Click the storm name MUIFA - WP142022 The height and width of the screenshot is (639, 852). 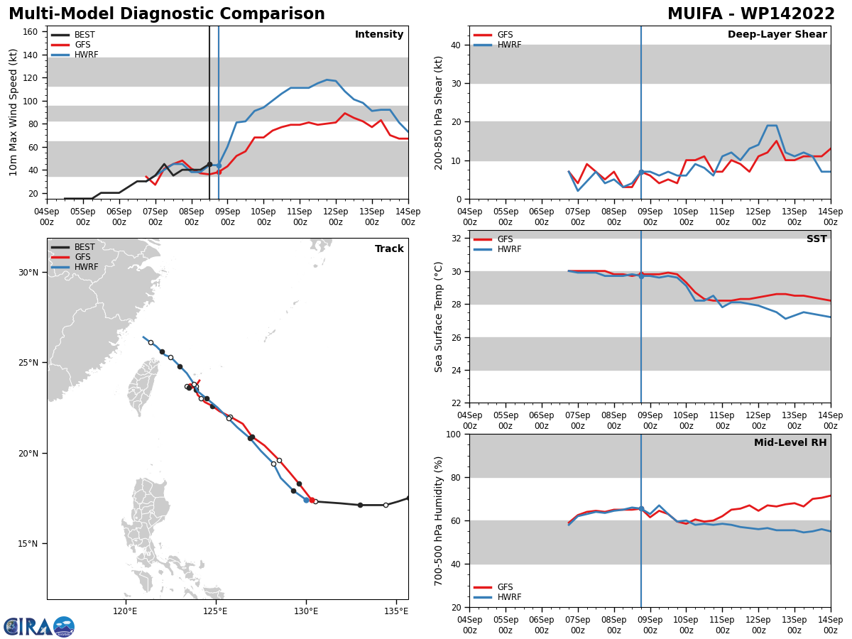point(750,14)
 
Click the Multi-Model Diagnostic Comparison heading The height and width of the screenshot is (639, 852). point(167,14)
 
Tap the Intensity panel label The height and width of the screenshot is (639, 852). point(379,35)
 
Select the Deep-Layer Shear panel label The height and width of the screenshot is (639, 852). point(777,35)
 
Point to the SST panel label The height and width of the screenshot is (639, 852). point(816,239)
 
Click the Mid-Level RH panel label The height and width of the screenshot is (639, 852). point(790,442)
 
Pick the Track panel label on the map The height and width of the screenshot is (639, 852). point(389,248)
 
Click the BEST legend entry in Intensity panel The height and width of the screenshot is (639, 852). point(73,35)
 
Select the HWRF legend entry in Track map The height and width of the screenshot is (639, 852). point(75,267)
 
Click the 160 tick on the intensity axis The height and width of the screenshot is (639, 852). point(30,32)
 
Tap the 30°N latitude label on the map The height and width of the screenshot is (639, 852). point(28,273)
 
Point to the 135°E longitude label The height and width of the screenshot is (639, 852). point(396,611)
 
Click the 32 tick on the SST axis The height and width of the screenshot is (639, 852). point(456,239)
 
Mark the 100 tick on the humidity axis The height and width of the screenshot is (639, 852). point(454,434)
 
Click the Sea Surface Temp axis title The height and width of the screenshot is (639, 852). point(438,317)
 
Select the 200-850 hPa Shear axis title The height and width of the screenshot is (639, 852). point(438,114)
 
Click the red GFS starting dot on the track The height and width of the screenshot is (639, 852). point(312,500)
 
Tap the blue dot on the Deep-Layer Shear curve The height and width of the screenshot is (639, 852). point(641,172)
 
